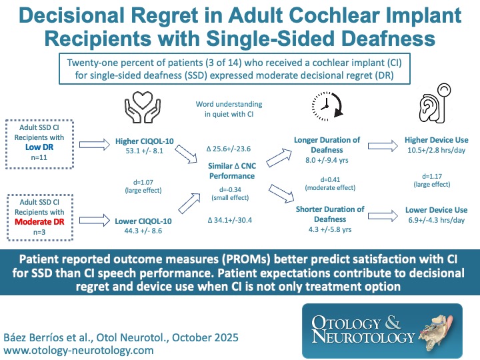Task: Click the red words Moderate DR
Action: tap(50, 219)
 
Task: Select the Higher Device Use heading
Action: tap(437, 141)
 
